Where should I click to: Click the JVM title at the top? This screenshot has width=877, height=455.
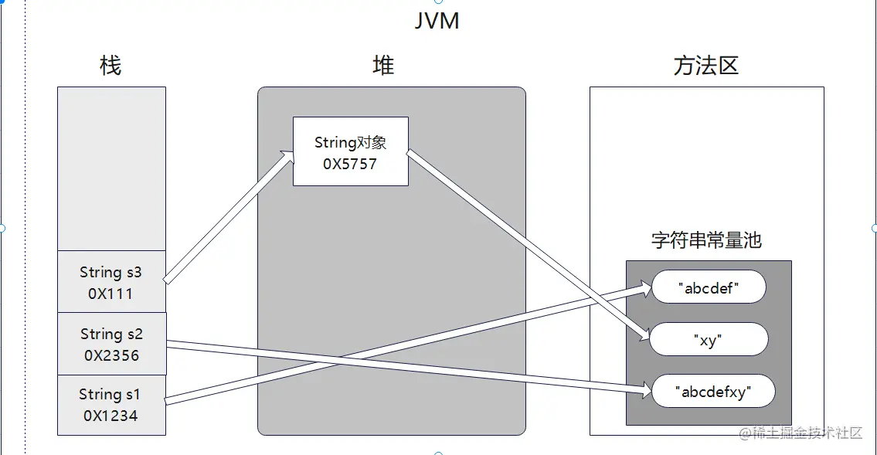click(x=437, y=20)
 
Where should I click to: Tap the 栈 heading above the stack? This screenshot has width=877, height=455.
click(x=110, y=66)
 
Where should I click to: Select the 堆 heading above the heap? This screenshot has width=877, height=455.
click(x=383, y=66)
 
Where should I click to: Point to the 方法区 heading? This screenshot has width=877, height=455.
click(x=705, y=66)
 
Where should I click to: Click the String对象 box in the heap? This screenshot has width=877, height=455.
click(x=350, y=151)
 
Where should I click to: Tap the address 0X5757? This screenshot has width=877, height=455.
click(x=350, y=164)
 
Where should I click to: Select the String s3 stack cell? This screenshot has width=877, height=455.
click(x=111, y=281)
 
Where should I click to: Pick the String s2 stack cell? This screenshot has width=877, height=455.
click(x=111, y=344)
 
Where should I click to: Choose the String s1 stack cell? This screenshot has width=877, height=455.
click(x=111, y=405)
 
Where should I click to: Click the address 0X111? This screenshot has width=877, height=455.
click(x=111, y=294)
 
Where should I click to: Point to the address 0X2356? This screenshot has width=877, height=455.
click(x=111, y=355)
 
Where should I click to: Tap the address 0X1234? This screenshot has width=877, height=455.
click(x=111, y=416)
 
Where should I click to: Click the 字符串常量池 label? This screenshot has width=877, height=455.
click(x=706, y=240)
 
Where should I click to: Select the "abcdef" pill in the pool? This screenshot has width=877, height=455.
click(x=709, y=287)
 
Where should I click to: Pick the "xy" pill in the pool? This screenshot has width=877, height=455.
click(x=709, y=340)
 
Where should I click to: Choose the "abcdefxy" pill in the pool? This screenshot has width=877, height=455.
click(x=713, y=392)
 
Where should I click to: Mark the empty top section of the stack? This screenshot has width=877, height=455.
click(x=111, y=168)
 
